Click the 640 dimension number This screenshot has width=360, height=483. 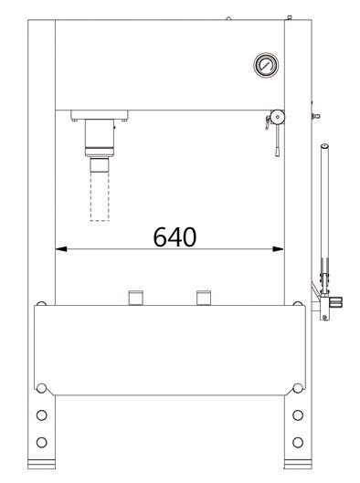175,236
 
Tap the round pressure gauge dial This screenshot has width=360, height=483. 266,65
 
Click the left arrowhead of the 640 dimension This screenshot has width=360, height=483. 61,249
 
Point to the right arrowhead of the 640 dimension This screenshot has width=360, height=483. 278,249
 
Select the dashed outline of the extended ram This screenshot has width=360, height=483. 100,196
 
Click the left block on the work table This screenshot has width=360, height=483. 135,298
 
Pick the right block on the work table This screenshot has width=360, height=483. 204,298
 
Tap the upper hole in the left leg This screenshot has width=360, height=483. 42,415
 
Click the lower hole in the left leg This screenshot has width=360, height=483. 42,442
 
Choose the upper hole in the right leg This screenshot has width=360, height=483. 298,415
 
